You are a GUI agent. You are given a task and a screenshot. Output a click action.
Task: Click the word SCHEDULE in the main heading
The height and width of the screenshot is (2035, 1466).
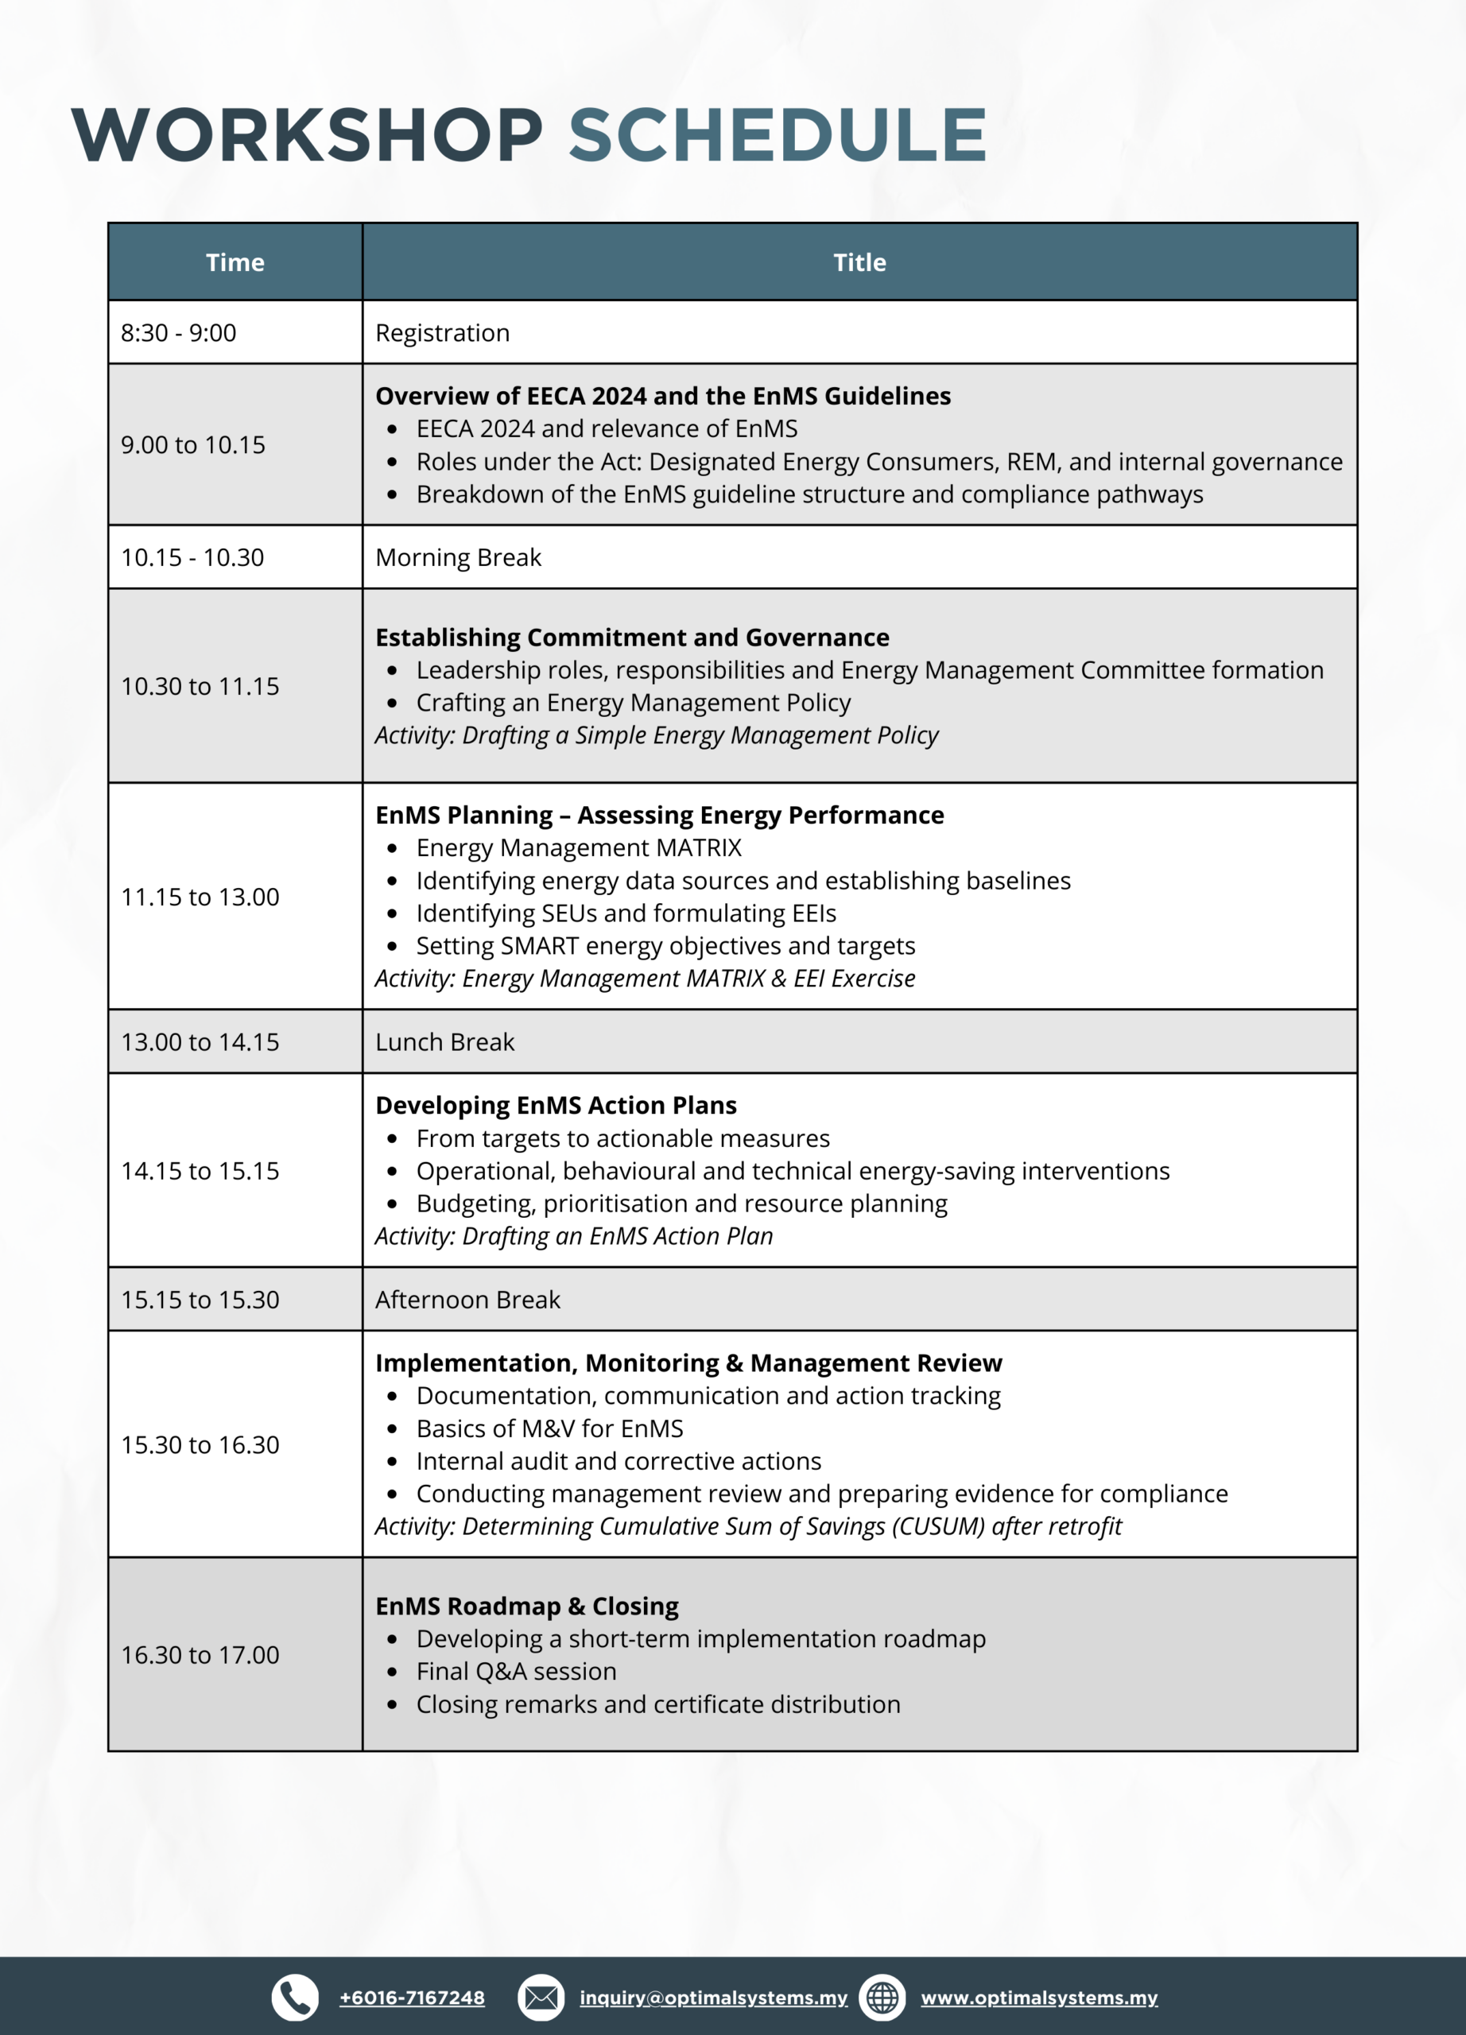coord(778,135)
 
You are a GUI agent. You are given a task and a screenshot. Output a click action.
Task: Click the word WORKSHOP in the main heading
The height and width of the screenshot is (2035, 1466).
coord(308,135)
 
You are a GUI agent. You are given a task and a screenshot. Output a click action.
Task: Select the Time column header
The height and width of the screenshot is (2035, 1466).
coord(235,262)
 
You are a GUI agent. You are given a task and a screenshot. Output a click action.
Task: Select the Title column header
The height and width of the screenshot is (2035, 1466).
coord(859,262)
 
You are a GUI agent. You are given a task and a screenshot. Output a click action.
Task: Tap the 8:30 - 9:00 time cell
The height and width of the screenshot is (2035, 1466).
coord(179,333)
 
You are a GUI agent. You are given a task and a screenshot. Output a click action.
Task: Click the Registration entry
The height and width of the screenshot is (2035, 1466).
coord(442,333)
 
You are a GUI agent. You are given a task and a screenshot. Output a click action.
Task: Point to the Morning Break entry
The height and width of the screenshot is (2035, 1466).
coord(458,557)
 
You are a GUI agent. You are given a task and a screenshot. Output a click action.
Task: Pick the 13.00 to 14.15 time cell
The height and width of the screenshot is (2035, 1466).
coord(200,1041)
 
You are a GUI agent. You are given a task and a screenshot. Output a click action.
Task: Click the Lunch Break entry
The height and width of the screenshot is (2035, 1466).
coord(445,1041)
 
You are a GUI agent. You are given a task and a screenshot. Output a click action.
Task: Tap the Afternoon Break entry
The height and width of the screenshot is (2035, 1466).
coord(467,1299)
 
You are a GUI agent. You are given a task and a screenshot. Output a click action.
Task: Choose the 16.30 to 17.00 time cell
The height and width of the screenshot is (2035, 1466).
coord(200,1654)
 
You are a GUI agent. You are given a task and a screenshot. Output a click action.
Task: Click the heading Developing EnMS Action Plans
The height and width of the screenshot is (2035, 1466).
coord(556,1106)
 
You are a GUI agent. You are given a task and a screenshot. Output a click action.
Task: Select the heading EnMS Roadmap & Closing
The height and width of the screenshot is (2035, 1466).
coord(526,1606)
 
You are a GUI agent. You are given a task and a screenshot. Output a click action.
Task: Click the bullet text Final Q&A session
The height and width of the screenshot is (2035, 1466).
coord(516,1672)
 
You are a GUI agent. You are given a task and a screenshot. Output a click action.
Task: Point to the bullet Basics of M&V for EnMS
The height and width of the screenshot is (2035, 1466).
coord(549,1428)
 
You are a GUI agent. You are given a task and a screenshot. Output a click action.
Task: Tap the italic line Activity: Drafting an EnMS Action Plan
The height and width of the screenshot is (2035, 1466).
coord(573,1236)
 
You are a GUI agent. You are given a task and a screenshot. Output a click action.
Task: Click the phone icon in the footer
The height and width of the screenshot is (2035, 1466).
coord(295,1998)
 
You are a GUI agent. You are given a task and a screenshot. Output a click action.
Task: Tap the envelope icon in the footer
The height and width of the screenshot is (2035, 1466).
coord(541,1998)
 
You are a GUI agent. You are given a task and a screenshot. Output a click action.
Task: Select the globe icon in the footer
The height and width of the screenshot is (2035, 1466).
coord(882,1998)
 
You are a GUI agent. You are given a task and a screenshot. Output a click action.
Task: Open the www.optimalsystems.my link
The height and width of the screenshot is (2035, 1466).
coord(1039,1998)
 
